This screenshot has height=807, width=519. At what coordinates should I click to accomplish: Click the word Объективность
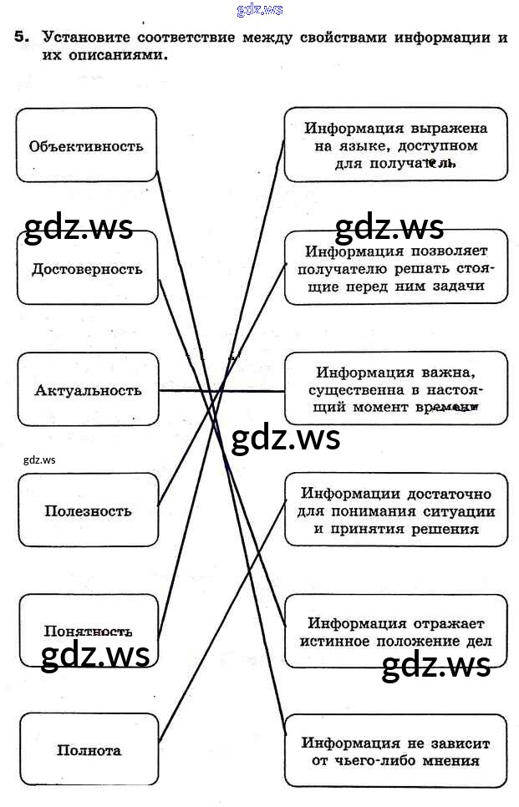point(86,146)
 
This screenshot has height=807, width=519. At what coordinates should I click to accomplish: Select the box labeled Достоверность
point(87,269)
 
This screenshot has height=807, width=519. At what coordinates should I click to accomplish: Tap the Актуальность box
point(88,390)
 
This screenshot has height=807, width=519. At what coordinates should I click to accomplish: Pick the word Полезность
point(88,511)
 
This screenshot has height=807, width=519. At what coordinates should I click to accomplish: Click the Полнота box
point(89,750)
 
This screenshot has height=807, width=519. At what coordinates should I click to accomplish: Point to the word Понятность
point(88,631)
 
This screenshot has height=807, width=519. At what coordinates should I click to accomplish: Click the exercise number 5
point(21,38)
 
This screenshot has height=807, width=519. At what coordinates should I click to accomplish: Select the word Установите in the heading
point(85,38)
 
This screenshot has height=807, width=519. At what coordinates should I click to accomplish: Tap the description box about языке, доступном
point(395,145)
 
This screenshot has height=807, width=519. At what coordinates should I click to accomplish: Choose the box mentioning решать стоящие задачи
point(395,267)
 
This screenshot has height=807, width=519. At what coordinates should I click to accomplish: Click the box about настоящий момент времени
point(395,389)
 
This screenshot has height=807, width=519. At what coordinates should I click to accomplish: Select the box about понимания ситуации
point(395,510)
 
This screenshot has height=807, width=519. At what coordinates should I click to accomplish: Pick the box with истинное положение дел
point(395,632)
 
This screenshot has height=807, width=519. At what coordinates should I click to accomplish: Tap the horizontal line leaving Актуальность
point(221,390)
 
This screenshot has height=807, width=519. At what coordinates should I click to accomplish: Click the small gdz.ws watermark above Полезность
point(39,459)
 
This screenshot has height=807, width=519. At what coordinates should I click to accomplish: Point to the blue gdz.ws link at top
point(260,9)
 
